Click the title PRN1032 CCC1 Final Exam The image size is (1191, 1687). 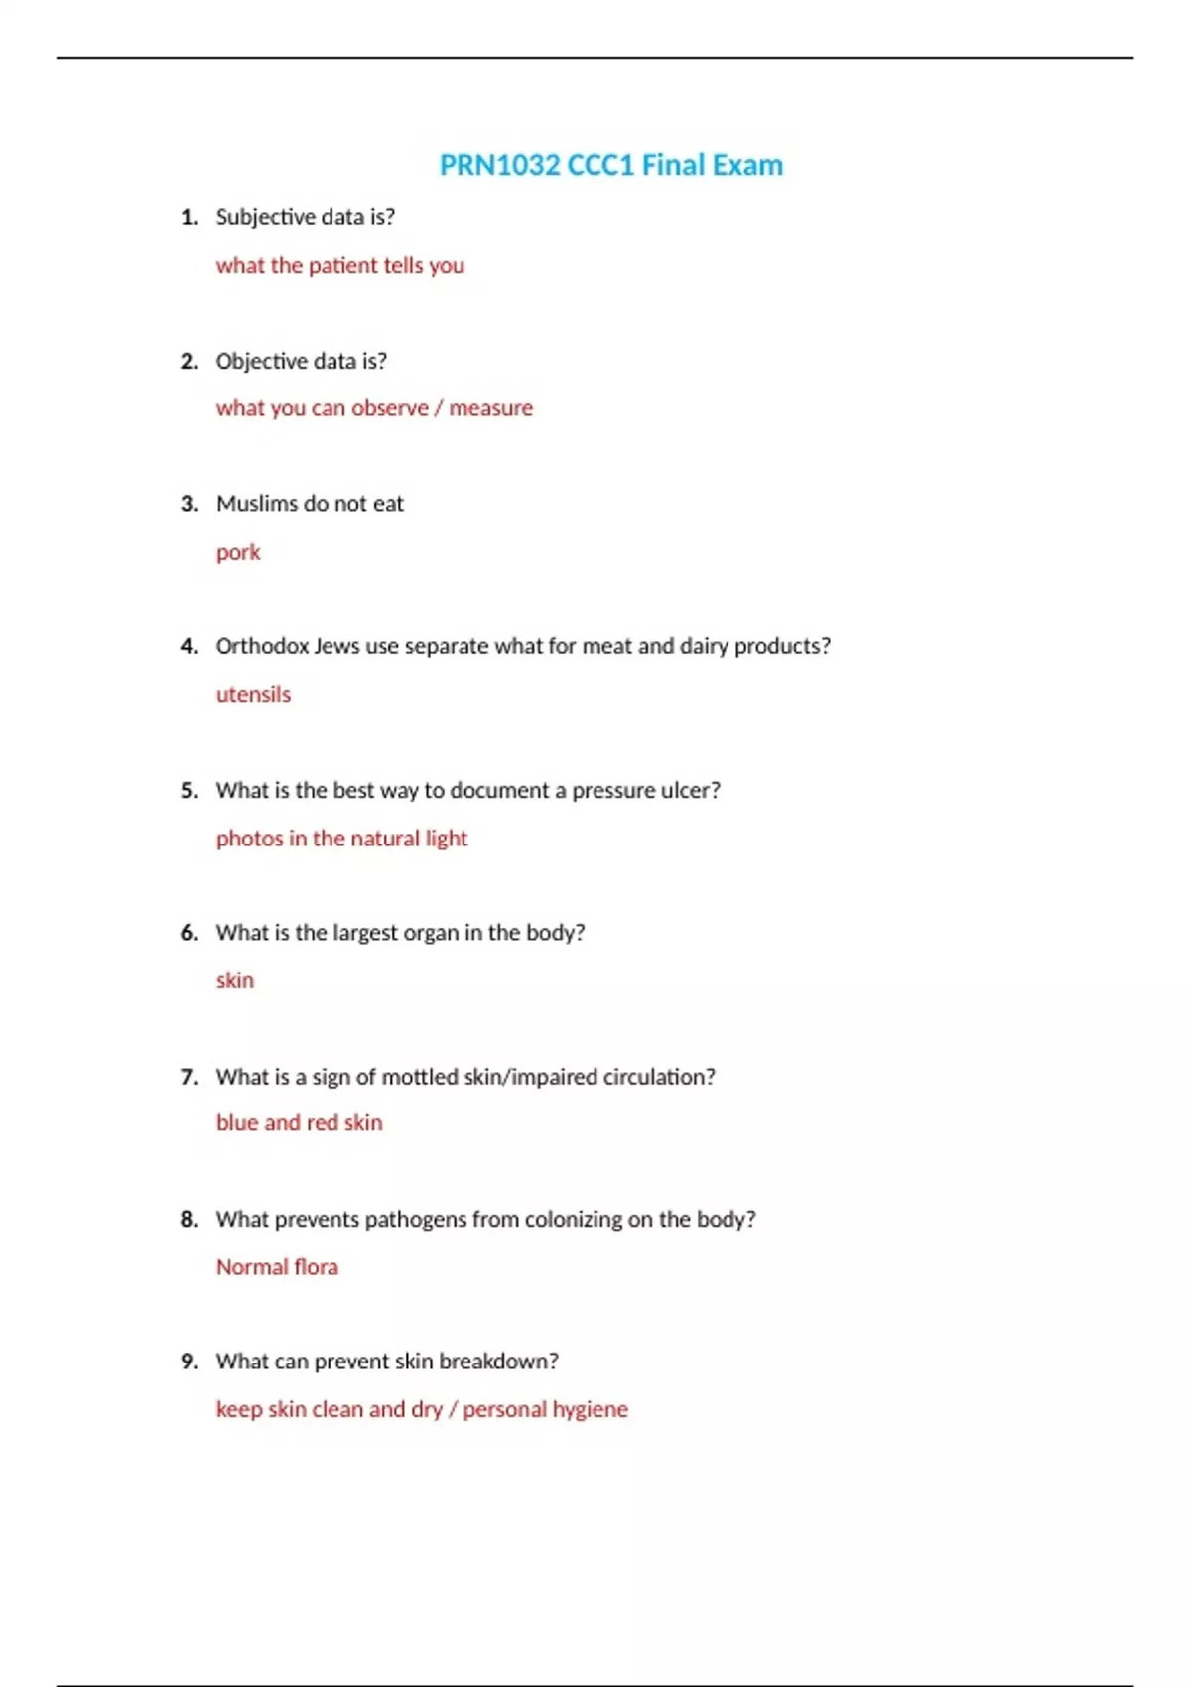(610, 165)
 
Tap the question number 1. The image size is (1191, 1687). (189, 217)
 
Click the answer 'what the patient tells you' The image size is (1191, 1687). (339, 265)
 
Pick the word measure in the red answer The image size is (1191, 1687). (490, 408)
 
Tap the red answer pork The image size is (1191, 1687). (238, 552)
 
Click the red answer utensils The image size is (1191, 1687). (253, 694)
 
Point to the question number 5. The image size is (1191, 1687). (189, 791)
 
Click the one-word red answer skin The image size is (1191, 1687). (235, 980)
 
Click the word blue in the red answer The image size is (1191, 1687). (236, 1122)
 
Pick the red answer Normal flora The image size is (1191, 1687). (277, 1267)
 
